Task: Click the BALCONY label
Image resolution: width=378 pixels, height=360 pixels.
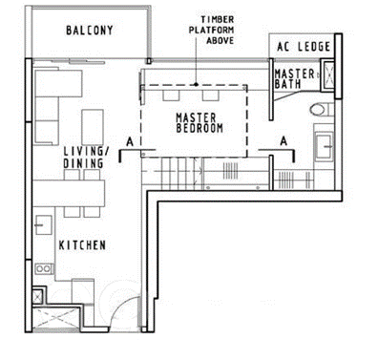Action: (x=90, y=31)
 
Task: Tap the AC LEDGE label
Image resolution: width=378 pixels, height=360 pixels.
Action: (x=304, y=47)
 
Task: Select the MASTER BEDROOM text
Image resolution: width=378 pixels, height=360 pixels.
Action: (x=199, y=123)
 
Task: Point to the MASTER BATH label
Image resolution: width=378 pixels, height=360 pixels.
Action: (x=294, y=78)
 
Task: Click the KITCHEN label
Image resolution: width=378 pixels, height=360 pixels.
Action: (x=82, y=245)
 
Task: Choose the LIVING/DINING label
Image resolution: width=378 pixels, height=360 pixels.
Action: (x=86, y=158)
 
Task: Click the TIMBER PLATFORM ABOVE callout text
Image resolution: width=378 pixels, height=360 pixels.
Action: (x=212, y=30)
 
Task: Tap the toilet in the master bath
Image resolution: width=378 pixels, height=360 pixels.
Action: (x=319, y=110)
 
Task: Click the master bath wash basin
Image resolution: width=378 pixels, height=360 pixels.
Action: (x=324, y=147)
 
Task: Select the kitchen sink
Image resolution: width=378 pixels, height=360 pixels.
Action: (x=44, y=225)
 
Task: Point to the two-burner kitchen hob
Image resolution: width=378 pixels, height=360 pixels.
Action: (x=43, y=269)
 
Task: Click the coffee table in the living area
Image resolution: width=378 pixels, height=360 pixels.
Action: (x=93, y=127)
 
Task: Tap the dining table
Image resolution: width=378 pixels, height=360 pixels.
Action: (x=69, y=193)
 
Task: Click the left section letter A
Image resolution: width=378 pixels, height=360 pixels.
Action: (x=130, y=141)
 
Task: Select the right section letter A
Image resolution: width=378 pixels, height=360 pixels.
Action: (x=283, y=140)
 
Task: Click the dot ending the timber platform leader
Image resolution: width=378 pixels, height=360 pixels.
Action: (x=196, y=84)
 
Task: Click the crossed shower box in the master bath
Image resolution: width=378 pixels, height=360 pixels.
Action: (x=328, y=76)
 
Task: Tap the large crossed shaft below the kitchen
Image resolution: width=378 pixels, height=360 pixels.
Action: (x=55, y=318)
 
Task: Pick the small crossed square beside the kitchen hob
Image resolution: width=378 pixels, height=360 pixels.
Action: (x=37, y=297)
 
